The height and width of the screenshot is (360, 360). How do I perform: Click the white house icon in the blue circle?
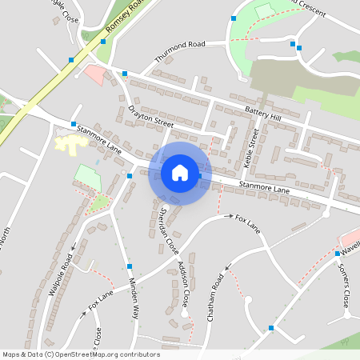(x=180, y=172)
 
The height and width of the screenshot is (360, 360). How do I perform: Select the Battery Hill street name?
(x=263, y=117)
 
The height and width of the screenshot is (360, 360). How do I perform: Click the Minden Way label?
(x=134, y=298)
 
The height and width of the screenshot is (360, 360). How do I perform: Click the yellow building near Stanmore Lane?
(x=70, y=144)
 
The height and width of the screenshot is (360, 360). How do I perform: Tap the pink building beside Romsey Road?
(x=94, y=75)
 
